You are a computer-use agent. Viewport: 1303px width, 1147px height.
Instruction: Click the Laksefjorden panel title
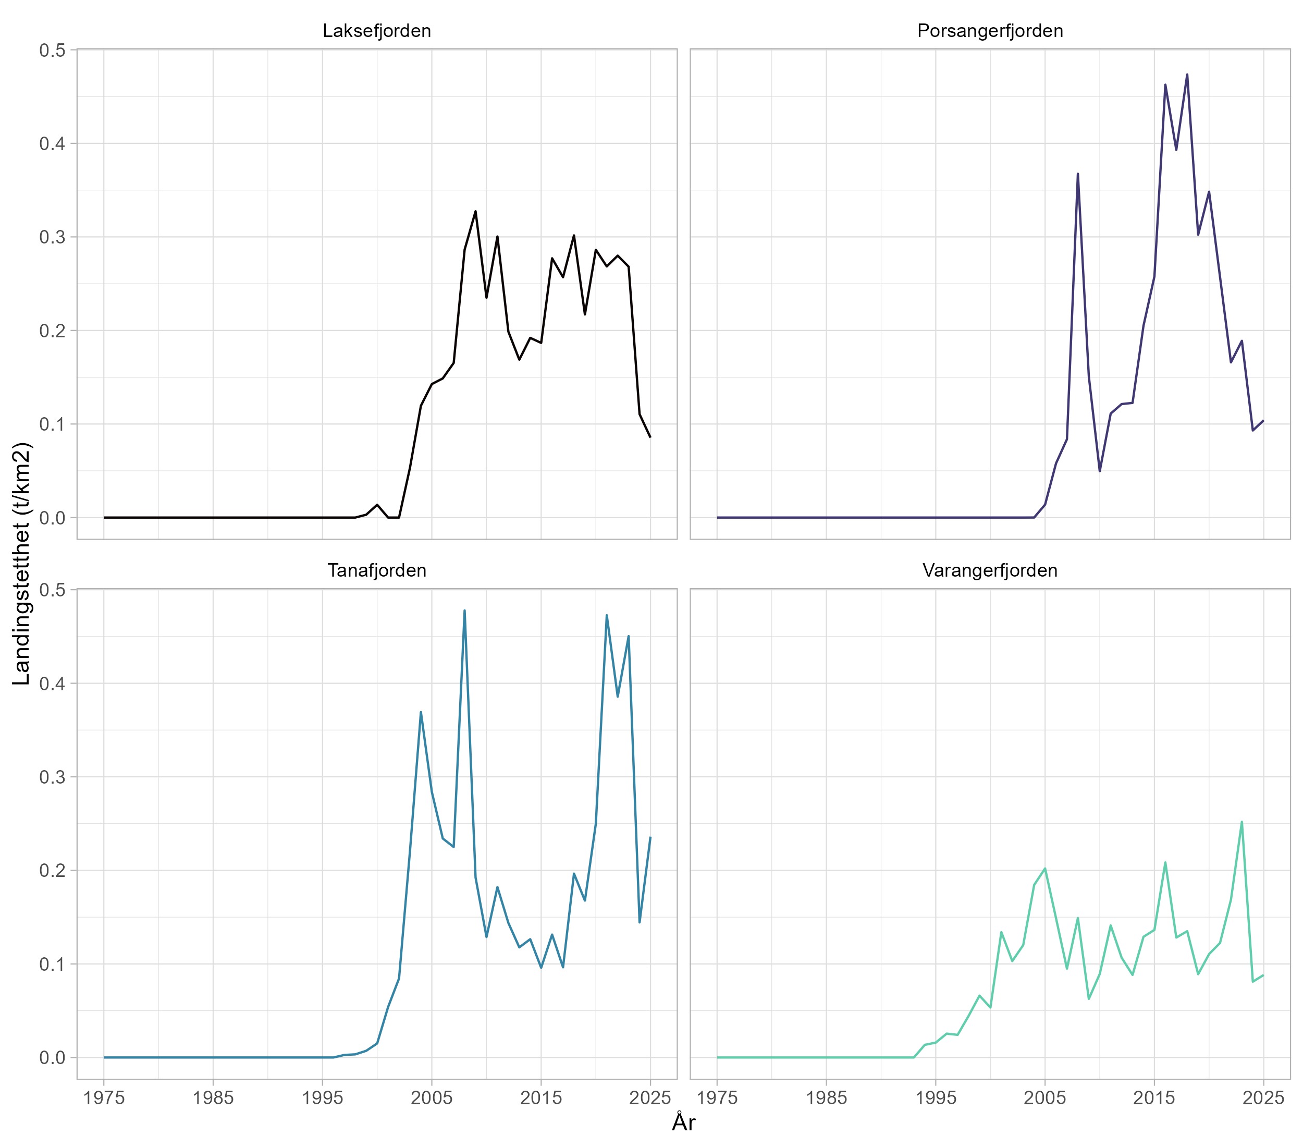(377, 31)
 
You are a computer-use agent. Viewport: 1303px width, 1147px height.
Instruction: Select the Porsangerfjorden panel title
(990, 31)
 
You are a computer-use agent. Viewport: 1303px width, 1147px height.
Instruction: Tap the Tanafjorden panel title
(377, 570)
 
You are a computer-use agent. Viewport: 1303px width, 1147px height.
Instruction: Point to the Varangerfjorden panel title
(990, 570)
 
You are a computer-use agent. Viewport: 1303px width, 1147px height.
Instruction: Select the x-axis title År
(683, 1122)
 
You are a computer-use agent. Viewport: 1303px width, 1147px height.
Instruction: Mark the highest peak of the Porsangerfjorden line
(1187, 75)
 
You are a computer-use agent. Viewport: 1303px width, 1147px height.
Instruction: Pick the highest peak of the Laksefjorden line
(475, 211)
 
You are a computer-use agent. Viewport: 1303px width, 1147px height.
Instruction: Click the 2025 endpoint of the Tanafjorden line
(650, 838)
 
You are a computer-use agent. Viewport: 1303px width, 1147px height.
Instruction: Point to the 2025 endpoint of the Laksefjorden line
(650, 437)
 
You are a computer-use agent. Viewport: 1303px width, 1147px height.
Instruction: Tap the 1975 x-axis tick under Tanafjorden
(104, 1098)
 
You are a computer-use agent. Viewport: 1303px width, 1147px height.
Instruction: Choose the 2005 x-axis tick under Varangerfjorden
(1045, 1098)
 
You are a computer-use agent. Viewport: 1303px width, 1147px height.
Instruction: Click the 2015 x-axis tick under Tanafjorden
(541, 1098)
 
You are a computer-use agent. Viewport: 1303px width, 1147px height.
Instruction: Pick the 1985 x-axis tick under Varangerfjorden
(826, 1098)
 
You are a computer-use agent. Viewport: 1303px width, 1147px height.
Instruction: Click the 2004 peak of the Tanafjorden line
(421, 712)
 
